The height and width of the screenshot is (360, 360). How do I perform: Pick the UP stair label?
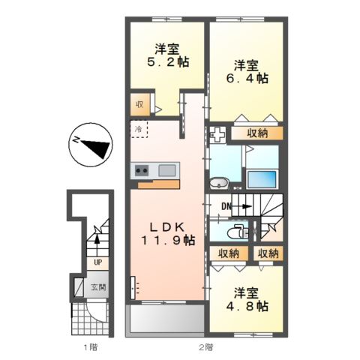pyautogui.click(x=97, y=262)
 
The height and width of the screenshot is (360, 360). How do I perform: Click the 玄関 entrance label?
pyautogui.click(x=99, y=286)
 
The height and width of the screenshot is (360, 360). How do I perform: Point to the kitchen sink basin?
pyautogui.click(x=166, y=169)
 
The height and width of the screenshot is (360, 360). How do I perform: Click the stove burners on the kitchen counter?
pyautogui.click(x=142, y=170)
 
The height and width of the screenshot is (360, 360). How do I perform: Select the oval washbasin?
pyautogui.click(x=219, y=182)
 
